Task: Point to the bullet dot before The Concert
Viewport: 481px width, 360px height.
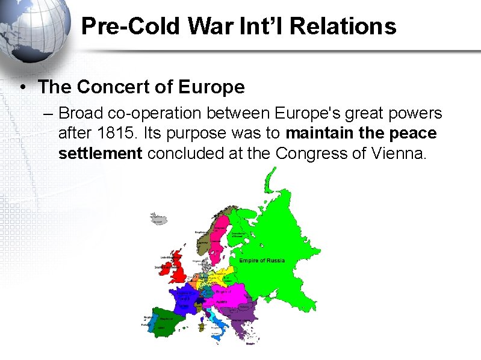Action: click(x=22, y=87)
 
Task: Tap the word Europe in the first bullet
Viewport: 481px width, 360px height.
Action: click(x=211, y=87)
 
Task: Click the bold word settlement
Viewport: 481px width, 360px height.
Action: click(x=100, y=153)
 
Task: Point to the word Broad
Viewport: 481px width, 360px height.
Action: click(x=81, y=113)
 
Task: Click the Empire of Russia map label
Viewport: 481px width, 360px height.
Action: click(x=262, y=261)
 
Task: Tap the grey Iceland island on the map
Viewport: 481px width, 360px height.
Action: click(x=158, y=218)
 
